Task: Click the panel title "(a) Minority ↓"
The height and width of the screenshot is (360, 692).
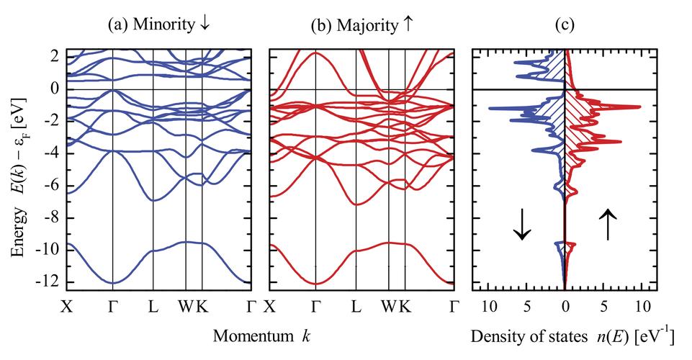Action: [159, 24]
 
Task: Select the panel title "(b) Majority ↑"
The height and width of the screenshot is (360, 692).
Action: [362, 25]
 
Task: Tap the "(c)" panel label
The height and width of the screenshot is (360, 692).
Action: [565, 25]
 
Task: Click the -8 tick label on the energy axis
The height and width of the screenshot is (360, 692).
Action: [55, 218]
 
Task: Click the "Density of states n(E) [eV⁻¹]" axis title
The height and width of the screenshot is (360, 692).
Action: [572, 337]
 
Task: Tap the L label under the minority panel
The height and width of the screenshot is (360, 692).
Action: [153, 306]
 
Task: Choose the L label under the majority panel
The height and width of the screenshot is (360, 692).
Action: [356, 306]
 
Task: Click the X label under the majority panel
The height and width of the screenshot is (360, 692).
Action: [269, 306]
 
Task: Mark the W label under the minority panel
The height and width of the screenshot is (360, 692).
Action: [186, 306]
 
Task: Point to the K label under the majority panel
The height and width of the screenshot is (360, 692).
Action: [405, 306]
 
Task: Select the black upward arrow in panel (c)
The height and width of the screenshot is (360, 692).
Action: [608, 224]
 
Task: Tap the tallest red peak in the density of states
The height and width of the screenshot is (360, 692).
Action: [639, 107]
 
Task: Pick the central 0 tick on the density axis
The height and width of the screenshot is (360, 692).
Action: [565, 306]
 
